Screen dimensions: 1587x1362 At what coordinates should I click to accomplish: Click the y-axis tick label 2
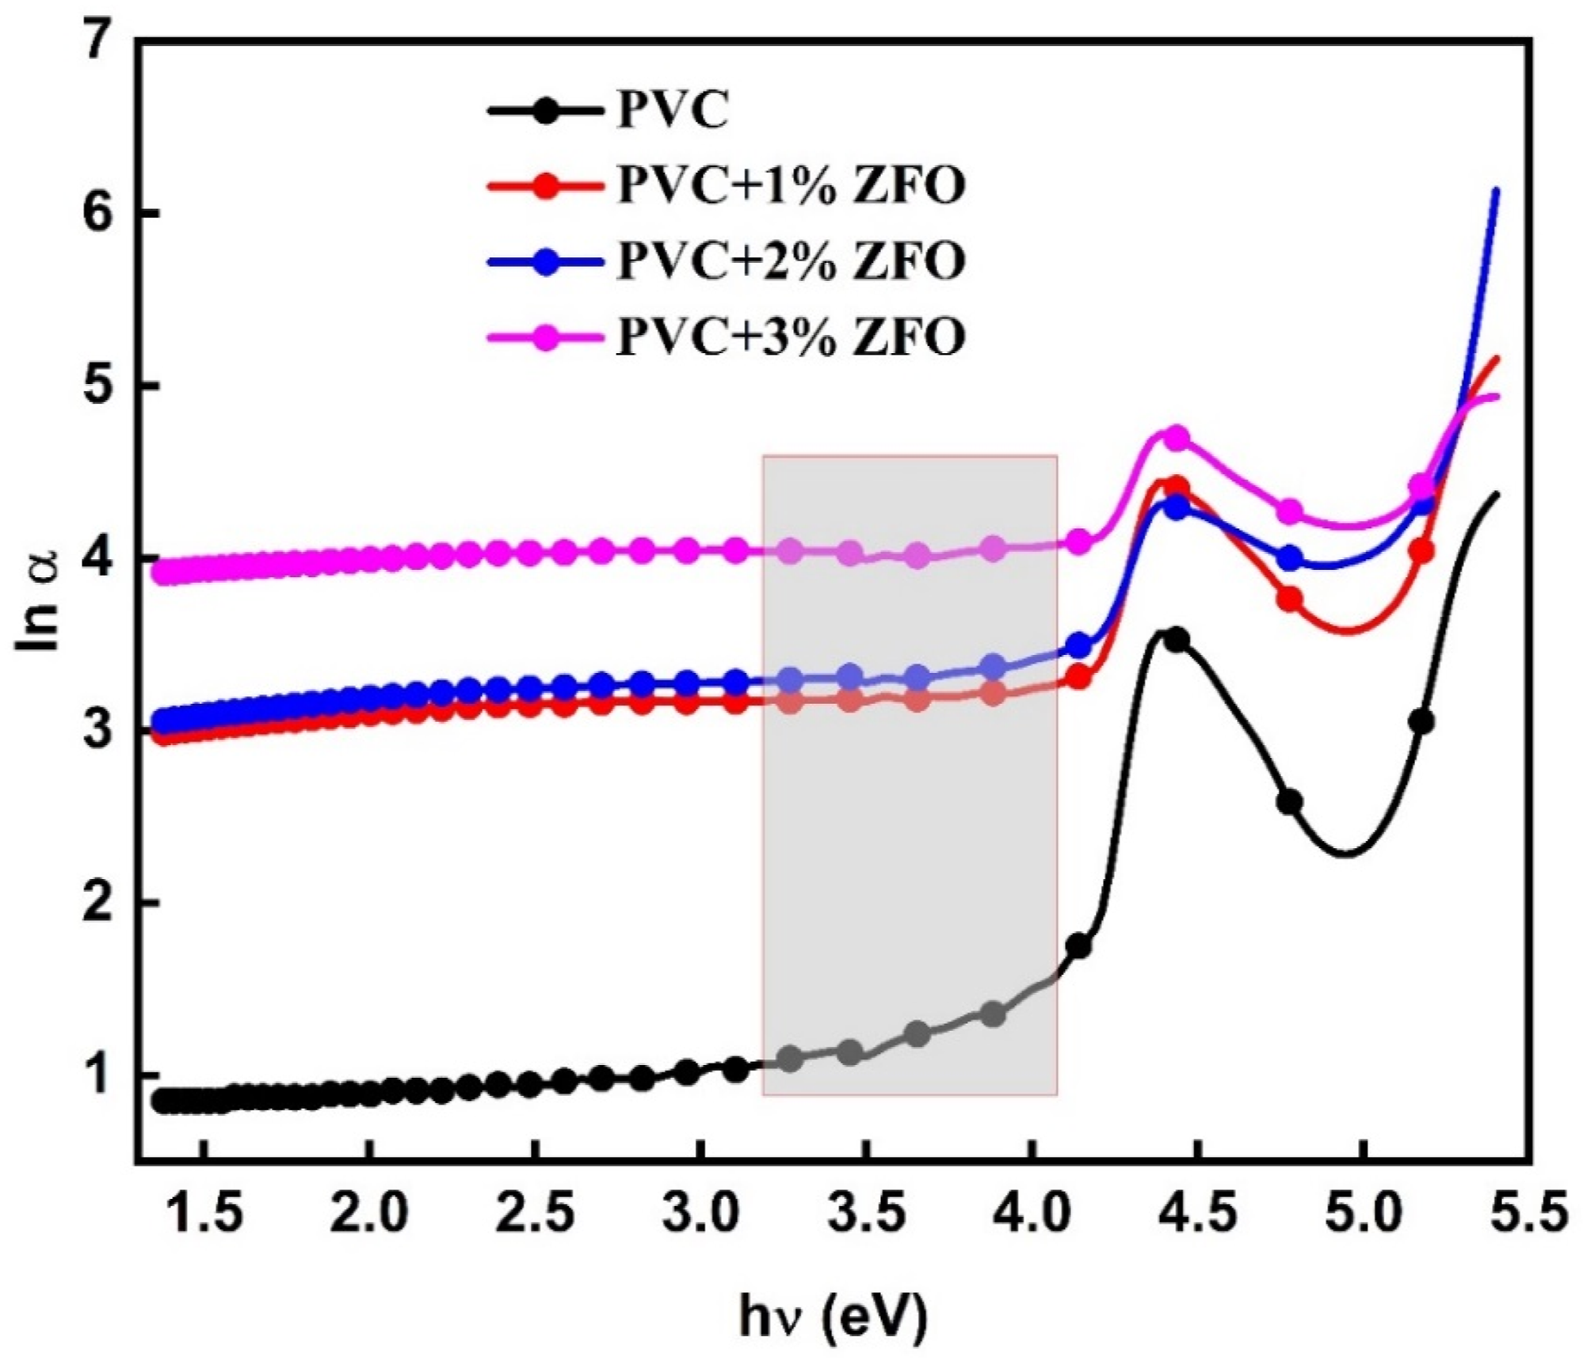tap(101, 902)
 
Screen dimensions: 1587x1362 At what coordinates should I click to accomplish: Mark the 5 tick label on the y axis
tap(101, 386)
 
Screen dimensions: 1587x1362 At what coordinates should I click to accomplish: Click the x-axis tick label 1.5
tap(204, 1212)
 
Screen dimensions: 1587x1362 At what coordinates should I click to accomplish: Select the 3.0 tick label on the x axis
tap(701, 1212)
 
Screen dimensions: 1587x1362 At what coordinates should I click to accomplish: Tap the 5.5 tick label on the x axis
tap(1529, 1212)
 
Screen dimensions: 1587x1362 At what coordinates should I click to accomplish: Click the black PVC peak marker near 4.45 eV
tap(1177, 639)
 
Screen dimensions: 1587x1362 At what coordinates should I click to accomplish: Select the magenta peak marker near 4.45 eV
tap(1177, 438)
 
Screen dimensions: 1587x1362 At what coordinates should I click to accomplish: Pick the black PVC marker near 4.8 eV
tap(1289, 801)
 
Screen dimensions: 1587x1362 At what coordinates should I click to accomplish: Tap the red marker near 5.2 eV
tap(1421, 551)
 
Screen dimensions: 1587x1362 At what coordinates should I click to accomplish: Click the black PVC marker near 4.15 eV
tap(1078, 945)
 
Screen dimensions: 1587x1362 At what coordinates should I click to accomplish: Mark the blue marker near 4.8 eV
tap(1289, 558)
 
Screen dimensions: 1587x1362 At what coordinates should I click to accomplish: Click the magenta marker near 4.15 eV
tap(1078, 542)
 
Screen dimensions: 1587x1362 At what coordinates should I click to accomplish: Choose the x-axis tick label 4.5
tap(1197, 1212)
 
